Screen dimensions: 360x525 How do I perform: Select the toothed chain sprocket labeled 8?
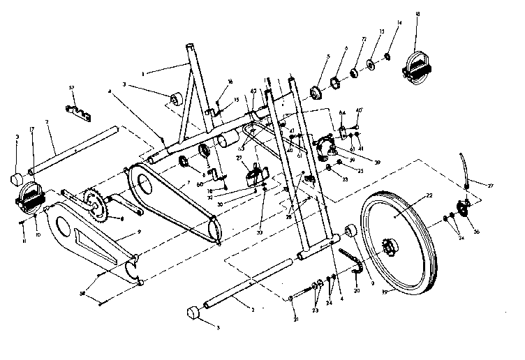click(94, 206)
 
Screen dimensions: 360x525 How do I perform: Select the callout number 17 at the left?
click(31, 130)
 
